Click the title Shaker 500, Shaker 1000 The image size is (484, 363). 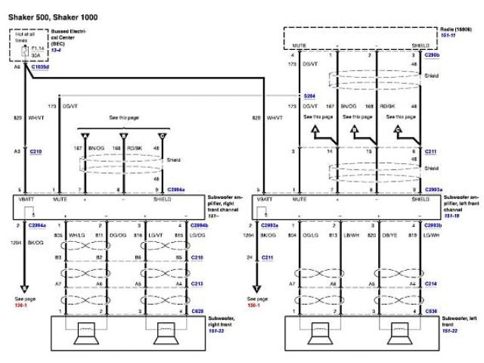pyautogui.click(x=45, y=15)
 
